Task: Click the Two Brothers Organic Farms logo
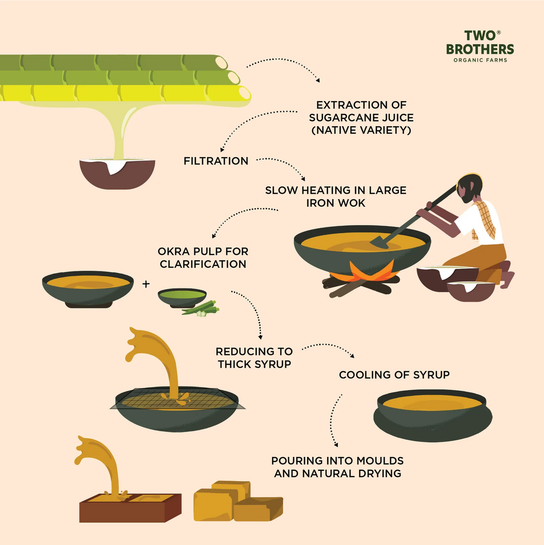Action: (480, 46)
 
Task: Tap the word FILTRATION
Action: (216, 161)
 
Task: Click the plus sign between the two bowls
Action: (146, 284)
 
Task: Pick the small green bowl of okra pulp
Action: (181, 297)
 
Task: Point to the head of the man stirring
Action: (469, 188)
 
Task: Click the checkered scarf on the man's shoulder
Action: (485, 218)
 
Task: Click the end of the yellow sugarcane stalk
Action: (243, 93)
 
